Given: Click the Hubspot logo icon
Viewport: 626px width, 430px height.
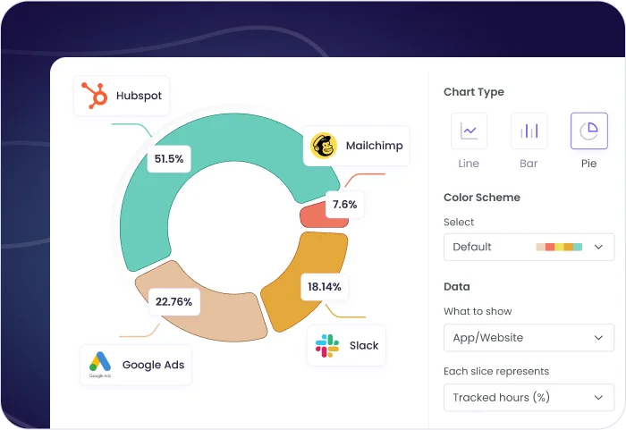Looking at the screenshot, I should (x=94, y=96).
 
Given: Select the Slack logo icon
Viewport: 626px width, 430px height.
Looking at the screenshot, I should (x=327, y=345).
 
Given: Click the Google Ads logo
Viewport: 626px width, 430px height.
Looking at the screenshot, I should (x=100, y=364).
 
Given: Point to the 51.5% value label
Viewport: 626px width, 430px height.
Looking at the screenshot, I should (x=168, y=159).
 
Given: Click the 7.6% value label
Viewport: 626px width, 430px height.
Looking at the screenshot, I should (x=344, y=205).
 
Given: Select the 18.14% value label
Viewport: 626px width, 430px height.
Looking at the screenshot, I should (x=324, y=287).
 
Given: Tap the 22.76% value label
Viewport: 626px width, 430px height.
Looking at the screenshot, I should (x=173, y=301).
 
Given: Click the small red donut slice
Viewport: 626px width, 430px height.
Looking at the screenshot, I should (x=312, y=215).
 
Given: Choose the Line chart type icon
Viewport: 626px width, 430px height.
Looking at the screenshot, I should (x=469, y=131).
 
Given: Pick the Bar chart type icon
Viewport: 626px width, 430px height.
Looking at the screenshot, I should (x=529, y=131).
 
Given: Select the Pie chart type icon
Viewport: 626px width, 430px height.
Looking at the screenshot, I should (x=588, y=131).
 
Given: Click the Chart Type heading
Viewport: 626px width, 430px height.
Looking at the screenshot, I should (x=473, y=92).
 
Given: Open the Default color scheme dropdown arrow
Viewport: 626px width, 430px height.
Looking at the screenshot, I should (x=598, y=247).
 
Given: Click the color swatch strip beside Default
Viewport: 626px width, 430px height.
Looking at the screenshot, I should (x=559, y=247).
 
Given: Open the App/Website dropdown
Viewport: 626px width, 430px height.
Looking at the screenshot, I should (x=529, y=338).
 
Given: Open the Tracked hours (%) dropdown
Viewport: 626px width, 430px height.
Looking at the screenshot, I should (x=529, y=397).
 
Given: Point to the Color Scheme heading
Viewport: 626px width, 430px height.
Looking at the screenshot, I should (x=481, y=198).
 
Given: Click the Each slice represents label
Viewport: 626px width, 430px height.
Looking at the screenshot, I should (x=495, y=371).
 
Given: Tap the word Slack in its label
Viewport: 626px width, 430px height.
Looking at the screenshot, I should (x=364, y=345).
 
